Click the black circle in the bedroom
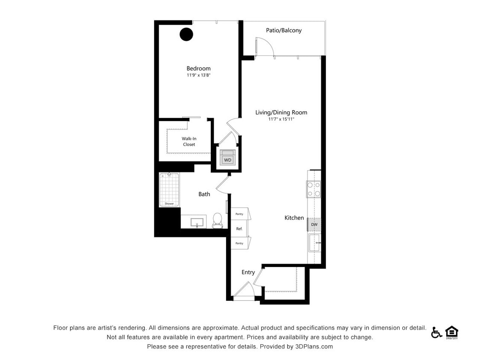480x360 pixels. (186, 34)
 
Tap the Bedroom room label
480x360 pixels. (198, 68)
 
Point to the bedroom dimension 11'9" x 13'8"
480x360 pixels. (198, 75)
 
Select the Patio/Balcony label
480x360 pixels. (284, 30)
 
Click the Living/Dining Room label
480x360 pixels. (281, 113)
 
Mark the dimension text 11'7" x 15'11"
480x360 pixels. (281, 119)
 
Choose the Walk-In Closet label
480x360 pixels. (189, 142)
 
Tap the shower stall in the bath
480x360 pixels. (169, 189)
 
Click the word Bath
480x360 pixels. (204, 194)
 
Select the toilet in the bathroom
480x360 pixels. (218, 220)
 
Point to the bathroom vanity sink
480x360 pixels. (197, 222)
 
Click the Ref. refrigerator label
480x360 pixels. (239, 229)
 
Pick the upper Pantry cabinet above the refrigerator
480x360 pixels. (240, 214)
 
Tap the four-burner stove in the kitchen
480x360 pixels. (314, 189)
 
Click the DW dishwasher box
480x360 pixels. (314, 224)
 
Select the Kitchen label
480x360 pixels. (294, 218)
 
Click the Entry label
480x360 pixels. (248, 272)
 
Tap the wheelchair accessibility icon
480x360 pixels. (436, 332)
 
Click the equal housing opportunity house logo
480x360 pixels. (451, 332)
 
